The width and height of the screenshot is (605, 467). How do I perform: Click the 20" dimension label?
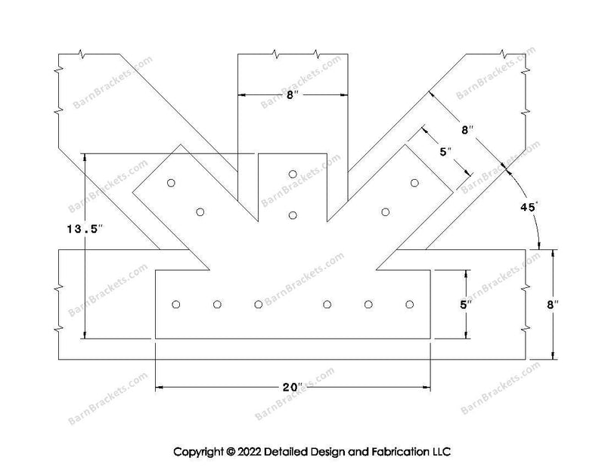pos(293,387)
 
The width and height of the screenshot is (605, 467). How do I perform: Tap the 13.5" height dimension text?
pos(85,229)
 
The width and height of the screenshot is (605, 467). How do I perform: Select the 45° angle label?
pos(528,207)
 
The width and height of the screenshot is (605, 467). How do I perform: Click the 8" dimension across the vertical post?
pos(293,95)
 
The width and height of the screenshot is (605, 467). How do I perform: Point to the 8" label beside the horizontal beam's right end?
pos(553,305)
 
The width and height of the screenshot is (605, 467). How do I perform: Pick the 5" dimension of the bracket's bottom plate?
pos(466,305)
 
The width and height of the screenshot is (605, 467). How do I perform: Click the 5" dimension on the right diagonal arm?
pos(445,152)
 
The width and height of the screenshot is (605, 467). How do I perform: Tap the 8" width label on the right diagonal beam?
pos(467,130)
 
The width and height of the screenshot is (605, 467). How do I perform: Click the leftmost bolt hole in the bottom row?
pos(176,305)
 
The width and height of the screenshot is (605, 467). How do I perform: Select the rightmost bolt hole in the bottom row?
pos(410,305)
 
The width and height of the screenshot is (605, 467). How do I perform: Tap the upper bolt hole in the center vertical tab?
pos(293,174)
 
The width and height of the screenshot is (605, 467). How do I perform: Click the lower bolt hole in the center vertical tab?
pos(293,215)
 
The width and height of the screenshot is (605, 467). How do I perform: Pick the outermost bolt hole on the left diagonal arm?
pos(171,182)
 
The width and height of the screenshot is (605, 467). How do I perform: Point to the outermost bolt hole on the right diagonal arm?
pos(414,182)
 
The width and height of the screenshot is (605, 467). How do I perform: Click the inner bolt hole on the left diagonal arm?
pos(200,212)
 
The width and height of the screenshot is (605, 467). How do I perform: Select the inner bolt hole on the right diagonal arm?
pos(385,212)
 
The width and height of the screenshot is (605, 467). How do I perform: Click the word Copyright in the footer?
pos(199,452)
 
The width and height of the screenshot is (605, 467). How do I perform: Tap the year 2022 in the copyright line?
pos(250,452)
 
